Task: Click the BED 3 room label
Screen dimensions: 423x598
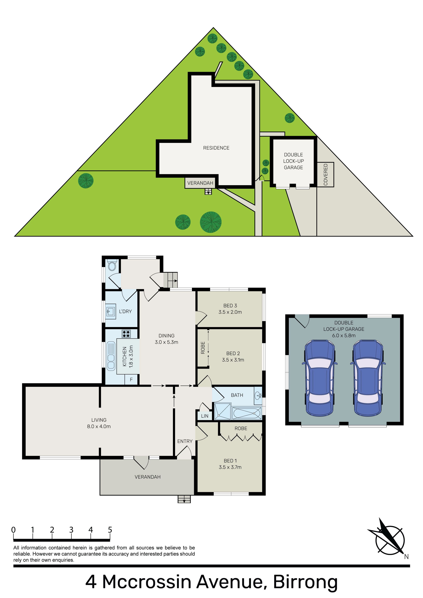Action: point(230,306)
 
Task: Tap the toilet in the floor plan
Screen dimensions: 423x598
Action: point(112,266)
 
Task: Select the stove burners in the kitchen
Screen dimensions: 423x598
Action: point(126,334)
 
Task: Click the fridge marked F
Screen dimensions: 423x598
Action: point(131,379)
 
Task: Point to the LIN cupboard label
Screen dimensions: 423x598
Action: point(205,416)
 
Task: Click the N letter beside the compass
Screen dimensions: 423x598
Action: point(406,557)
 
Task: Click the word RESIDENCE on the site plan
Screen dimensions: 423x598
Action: point(216,148)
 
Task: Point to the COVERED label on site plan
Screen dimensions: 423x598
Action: point(325,175)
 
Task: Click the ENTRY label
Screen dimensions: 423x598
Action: point(185,441)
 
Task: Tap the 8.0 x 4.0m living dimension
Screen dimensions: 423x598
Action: point(99,426)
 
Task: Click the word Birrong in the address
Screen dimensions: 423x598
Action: point(305,582)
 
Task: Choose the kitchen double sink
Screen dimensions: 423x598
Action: point(111,356)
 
